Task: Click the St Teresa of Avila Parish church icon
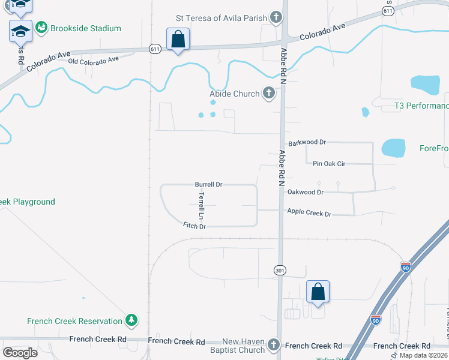tap(276, 18)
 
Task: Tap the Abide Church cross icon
tap(268, 94)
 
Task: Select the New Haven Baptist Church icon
tap(274, 345)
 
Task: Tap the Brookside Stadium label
tap(86, 28)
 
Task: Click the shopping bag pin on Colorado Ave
tap(178, 40)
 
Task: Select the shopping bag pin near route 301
tap(318, 292)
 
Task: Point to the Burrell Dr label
tap(209, 185)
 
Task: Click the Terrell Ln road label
tap(202, 205)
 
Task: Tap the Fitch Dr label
tap(194, 226)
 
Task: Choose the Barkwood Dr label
tap(307, 143)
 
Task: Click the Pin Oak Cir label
tap(330, 163)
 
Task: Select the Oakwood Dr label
tap(306, 192)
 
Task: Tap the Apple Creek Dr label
tap(309, 212)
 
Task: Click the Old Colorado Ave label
tap(93, 61)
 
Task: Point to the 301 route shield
tap(280, 271)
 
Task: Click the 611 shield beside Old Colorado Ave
tap(155, 49)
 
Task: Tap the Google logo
tap(20, 352)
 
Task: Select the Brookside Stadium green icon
tap(41, 28)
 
